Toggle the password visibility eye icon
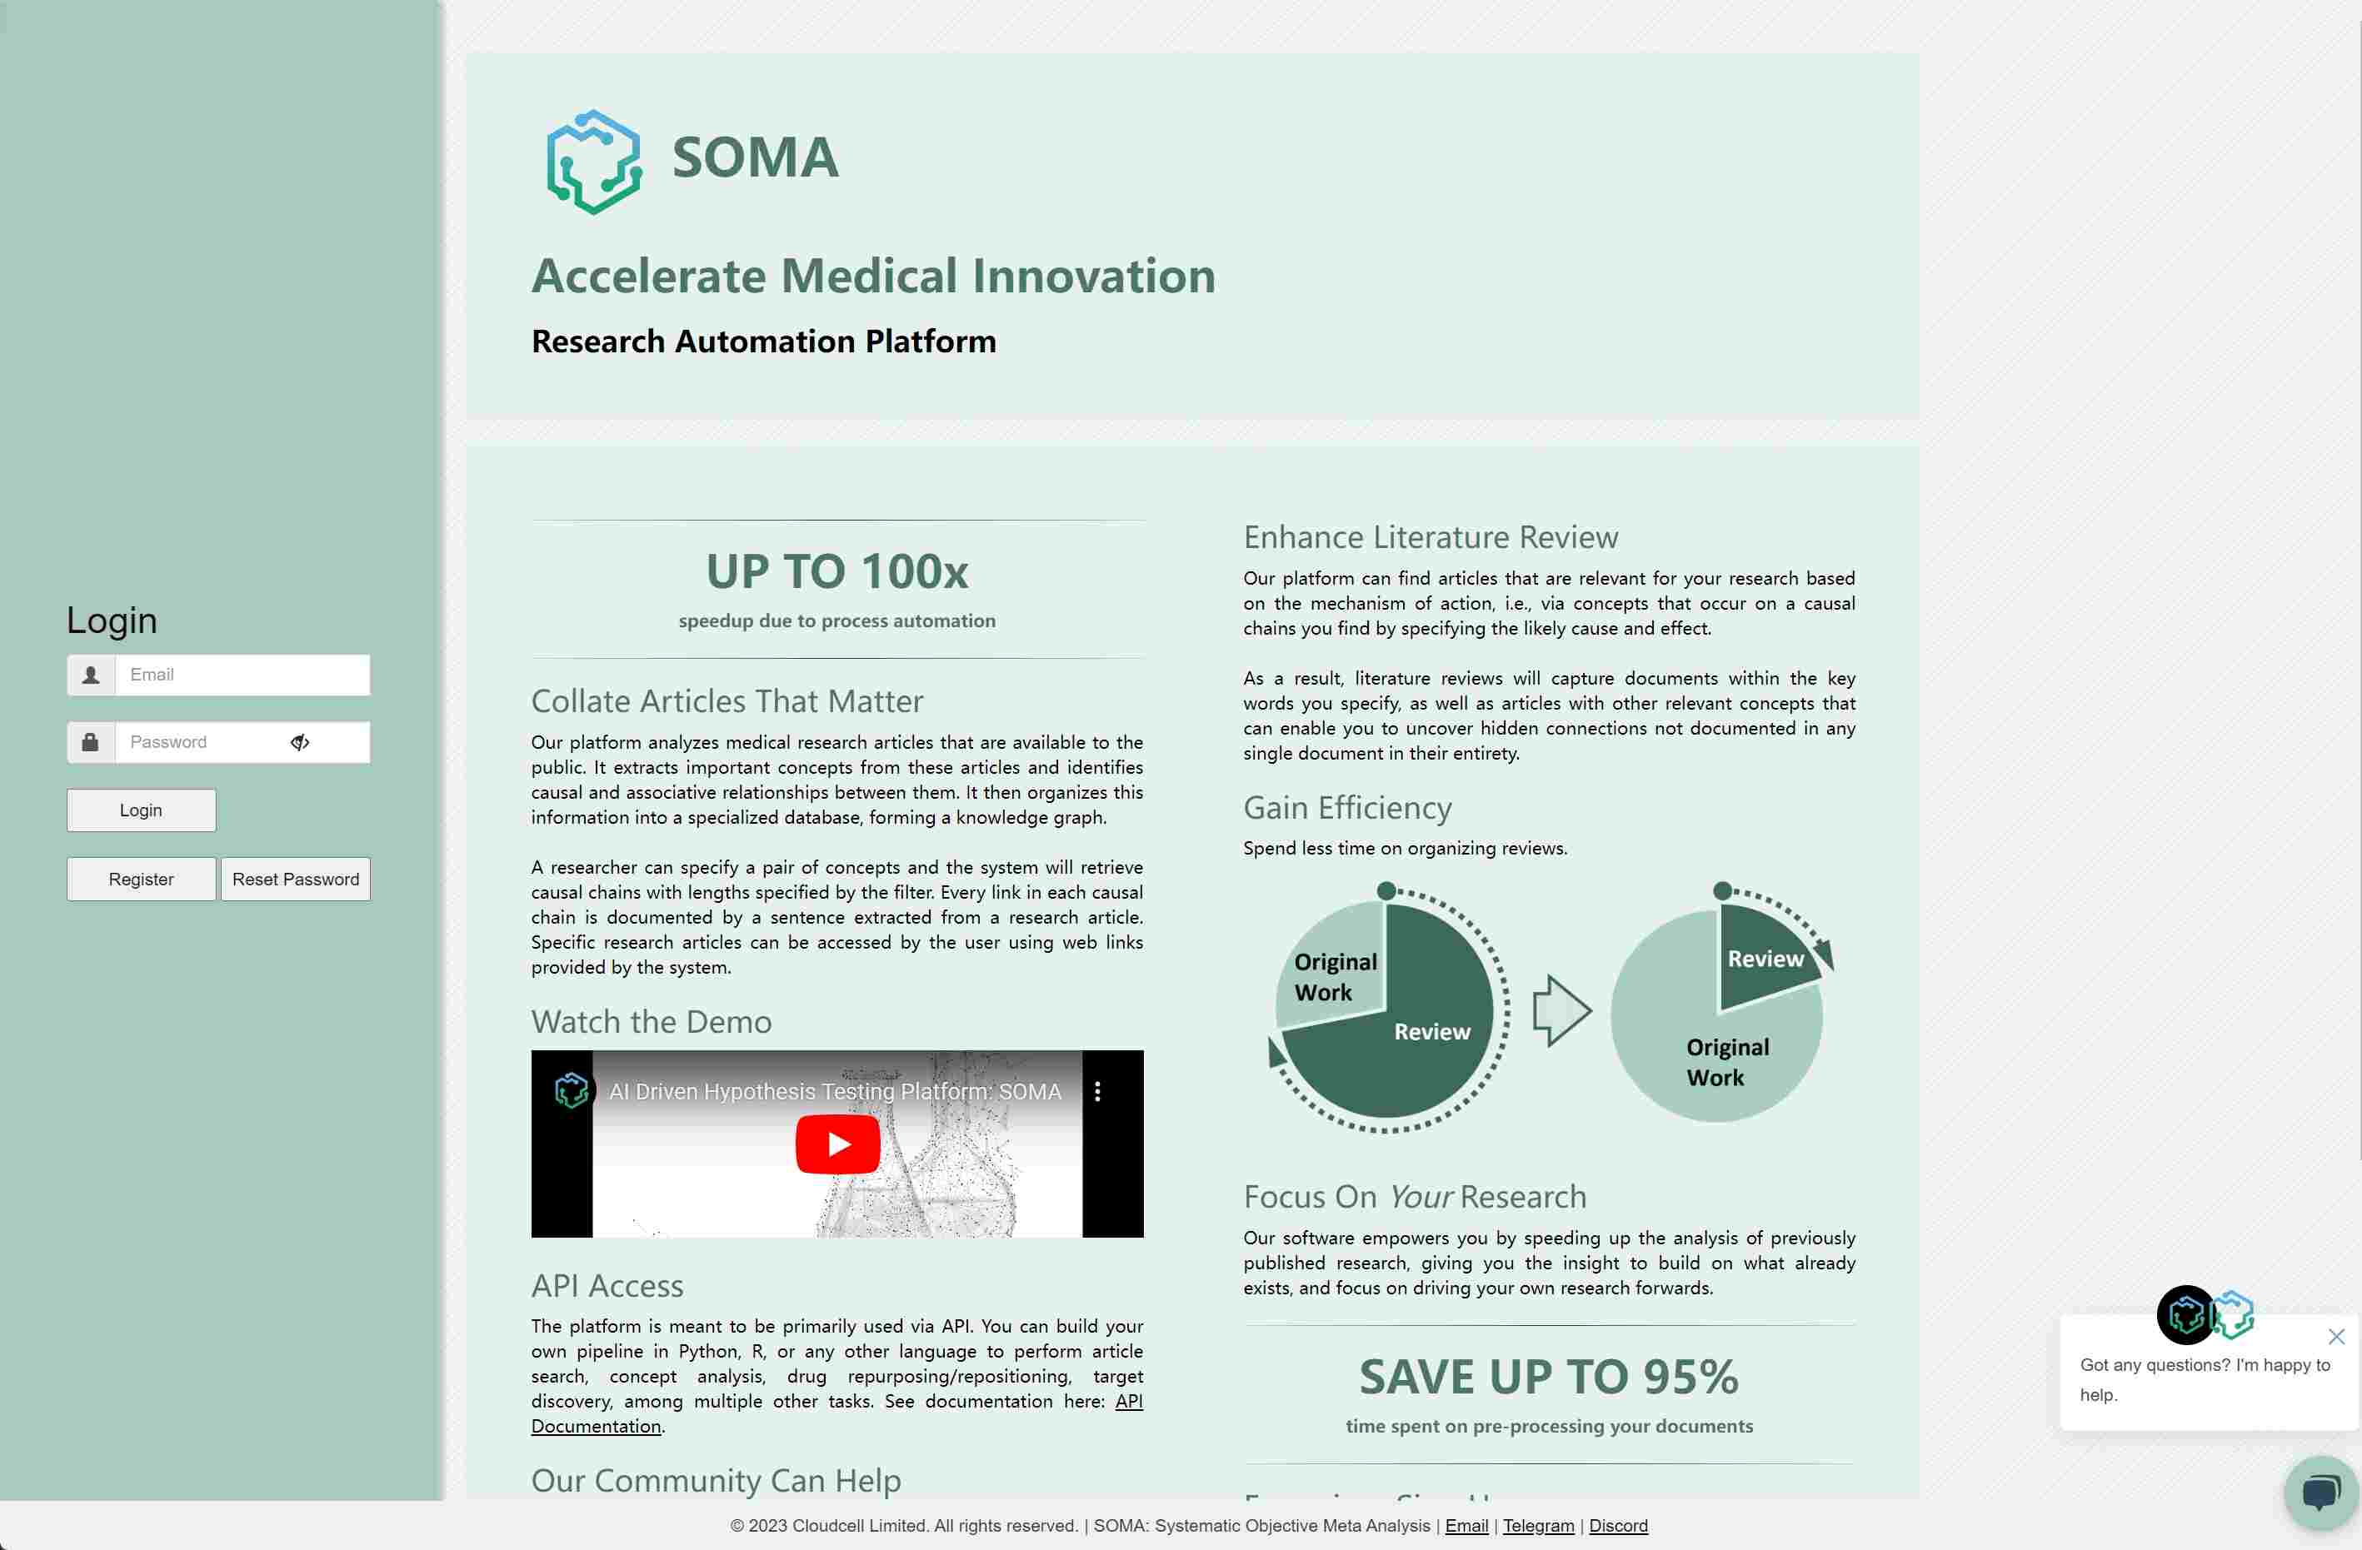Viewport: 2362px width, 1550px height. coord(300,742)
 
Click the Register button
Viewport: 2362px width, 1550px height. coord(141,880)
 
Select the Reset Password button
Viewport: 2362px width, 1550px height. coord(296,880)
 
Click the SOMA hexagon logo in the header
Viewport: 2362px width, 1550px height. coord(593,161)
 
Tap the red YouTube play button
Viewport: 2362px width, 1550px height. coord(837,1144)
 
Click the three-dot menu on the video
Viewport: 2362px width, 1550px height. coord(1096,1092)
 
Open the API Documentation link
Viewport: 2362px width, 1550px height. coord(1128,1401)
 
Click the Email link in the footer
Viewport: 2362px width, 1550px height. coord(1466,1525)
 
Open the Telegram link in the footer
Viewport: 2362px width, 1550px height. coord(1537,1525)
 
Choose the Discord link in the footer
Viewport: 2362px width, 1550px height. coord(1618,1525)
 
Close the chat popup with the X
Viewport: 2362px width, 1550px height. coord(2336,1337)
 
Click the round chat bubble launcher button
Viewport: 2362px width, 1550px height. coord(2320,1492)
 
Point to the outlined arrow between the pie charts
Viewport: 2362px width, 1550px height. coord(1561,1011)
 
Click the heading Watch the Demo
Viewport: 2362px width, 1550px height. coord(651,1022)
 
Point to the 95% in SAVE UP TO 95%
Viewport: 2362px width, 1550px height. coord(1690,1378)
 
